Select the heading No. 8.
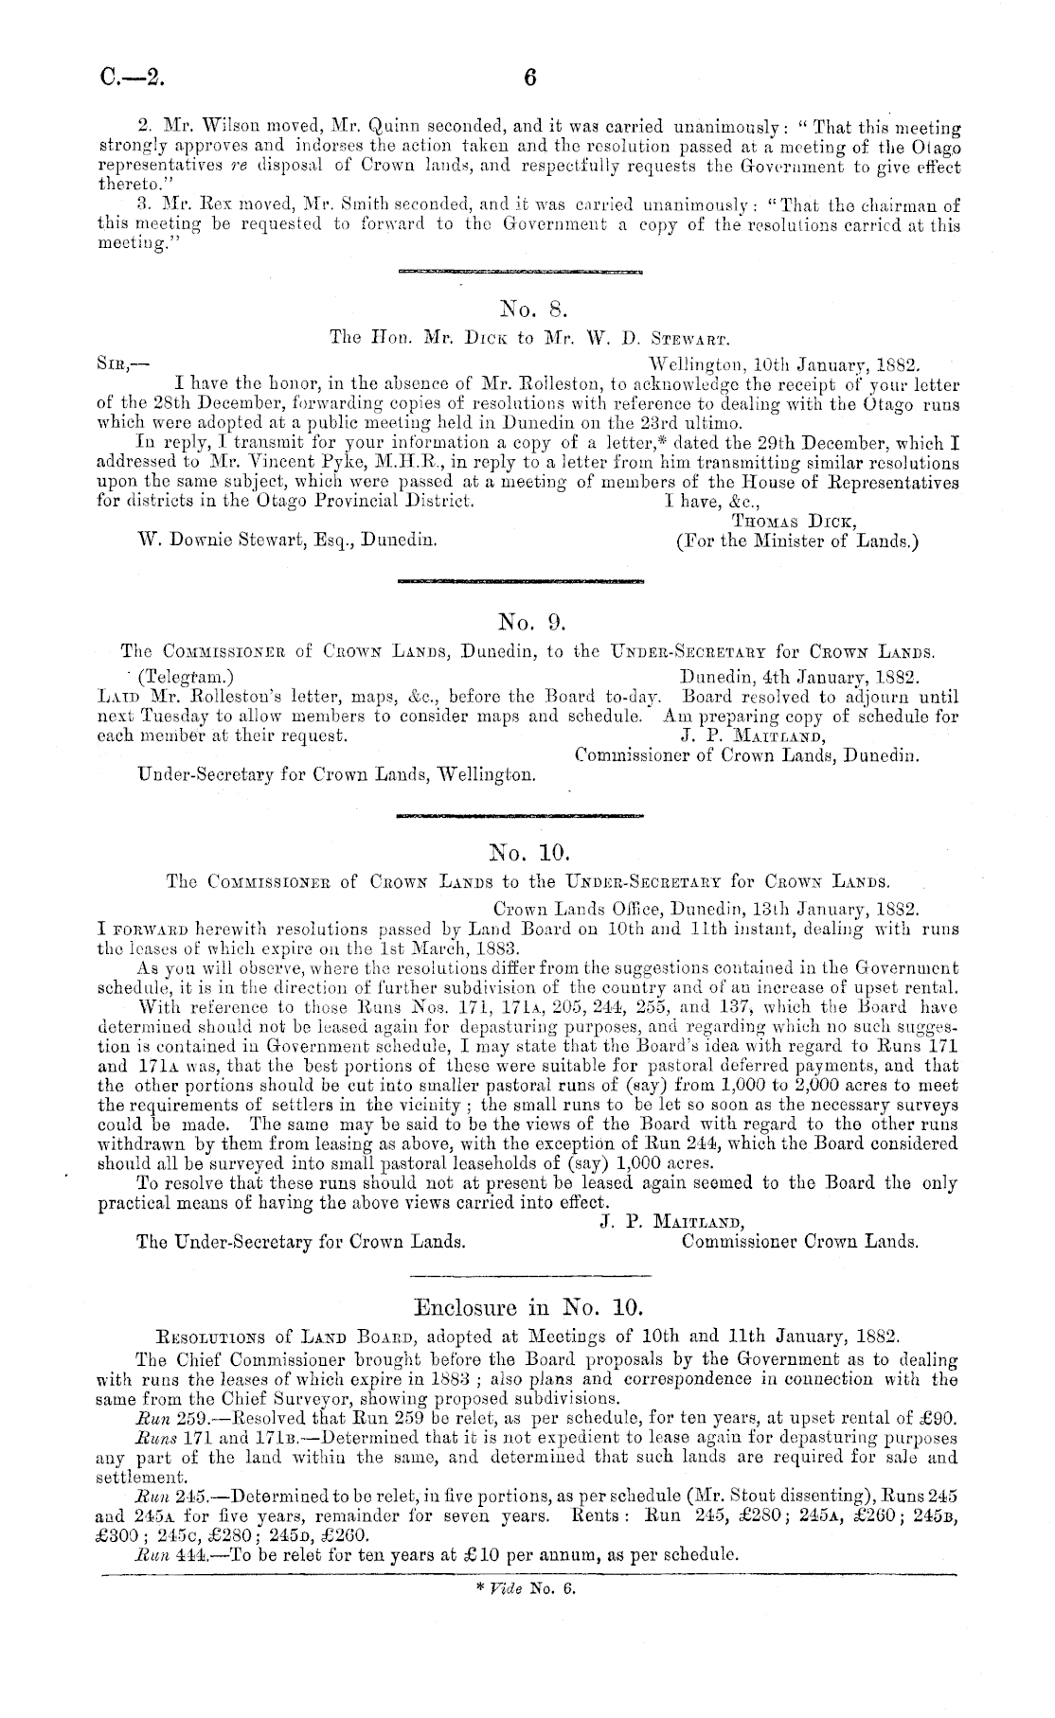click(528, 309)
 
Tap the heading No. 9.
click(528, 622)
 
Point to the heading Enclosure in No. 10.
click(528, 1309)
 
